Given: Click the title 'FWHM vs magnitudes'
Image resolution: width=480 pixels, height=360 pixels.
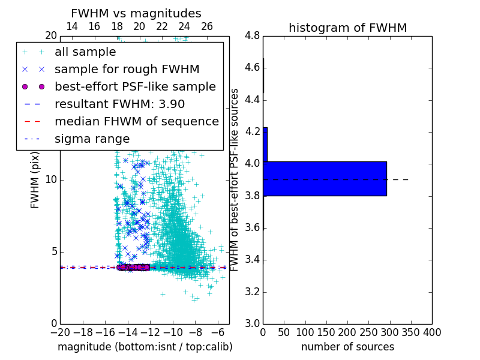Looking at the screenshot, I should pos(136,13).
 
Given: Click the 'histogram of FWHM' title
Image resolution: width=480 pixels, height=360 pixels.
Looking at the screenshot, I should pos(347,28).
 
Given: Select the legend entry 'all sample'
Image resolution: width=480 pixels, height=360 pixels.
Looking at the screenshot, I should pos(85,52).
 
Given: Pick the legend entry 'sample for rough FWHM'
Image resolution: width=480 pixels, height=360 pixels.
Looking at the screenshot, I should pos(127,69).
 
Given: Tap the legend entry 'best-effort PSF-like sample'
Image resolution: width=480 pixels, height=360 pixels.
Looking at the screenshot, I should pos(135,86).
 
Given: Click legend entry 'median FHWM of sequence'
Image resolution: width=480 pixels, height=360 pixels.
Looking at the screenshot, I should pos(137,121).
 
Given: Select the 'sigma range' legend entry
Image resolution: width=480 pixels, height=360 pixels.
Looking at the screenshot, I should pos(92,139).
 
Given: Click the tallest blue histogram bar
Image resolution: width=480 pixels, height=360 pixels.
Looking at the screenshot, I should pos(325,178).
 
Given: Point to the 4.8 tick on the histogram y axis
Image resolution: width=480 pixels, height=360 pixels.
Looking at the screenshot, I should pos(252,36).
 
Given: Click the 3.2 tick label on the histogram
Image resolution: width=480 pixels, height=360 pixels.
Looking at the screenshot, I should pos(252,292).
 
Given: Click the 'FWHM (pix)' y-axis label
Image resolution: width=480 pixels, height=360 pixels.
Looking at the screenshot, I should pos(35,180).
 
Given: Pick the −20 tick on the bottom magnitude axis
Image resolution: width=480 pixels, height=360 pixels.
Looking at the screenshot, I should pos(60,332).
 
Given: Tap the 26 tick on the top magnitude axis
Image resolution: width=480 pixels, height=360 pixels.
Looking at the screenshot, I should pos(207,26).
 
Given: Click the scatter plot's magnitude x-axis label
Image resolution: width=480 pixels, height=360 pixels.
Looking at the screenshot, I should pos(145,347).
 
